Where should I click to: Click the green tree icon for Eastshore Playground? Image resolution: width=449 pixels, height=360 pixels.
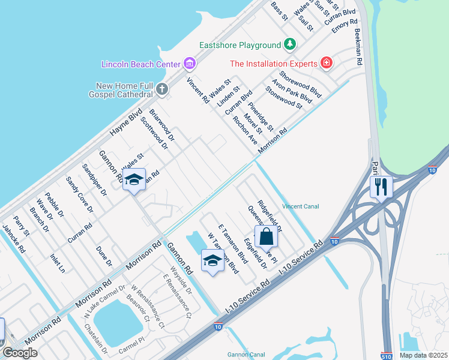[x=290, y=45]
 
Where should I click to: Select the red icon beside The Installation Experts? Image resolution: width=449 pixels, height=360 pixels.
[x=326, y=63]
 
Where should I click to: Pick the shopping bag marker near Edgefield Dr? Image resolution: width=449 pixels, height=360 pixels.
[x=267, y=236]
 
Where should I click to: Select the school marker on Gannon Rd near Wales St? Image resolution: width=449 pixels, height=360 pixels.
[x=134, y=179]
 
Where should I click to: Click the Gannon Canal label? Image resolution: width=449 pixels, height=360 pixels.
[x=246, y=355]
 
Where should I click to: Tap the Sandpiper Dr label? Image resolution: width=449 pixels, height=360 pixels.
[x=94, y=180]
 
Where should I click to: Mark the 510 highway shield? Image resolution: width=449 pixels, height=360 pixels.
[x=387, y=356]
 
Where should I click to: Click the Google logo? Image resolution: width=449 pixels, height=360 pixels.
[x=19, y=353]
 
